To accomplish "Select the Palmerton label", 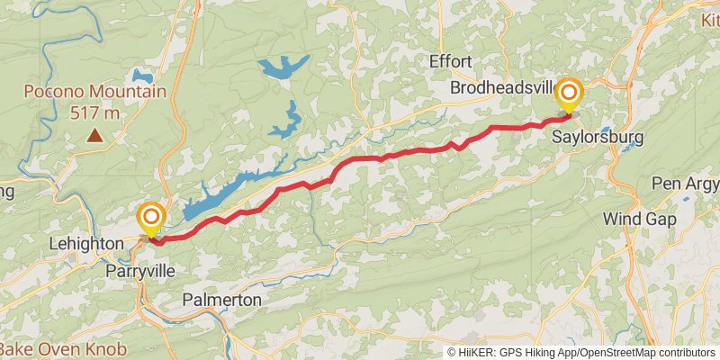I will (x=221, y=300).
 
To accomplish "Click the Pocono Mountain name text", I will (x=95, y=92).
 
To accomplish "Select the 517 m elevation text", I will (x=94, y=112).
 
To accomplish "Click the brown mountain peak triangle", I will (x=94, y=136).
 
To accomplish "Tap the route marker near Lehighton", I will (x=151, y=218).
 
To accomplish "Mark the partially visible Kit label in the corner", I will (x=709, y=18).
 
